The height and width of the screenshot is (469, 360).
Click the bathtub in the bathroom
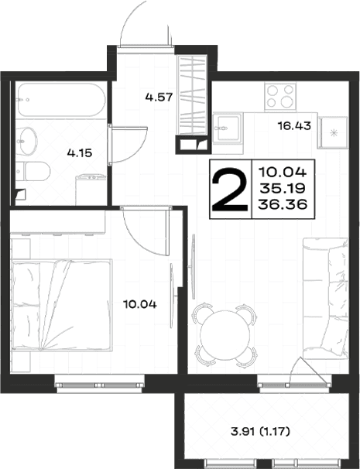click(x=61, y=100)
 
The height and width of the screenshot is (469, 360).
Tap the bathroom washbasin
click(x=26, y=141)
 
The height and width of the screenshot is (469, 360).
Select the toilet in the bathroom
click(x=33, y=171)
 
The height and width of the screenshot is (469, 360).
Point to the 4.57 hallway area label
click(x=159, y=98)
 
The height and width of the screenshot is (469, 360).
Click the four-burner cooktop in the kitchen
click(x=280, y=96)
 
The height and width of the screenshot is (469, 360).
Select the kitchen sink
click(x=228, y=128)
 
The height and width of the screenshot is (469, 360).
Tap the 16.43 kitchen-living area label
click(x=294, y=126)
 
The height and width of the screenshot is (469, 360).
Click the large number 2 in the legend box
click(x=229, y=189)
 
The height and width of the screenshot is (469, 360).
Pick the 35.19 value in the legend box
click(x=283, y=188)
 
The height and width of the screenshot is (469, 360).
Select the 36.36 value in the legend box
click(x=283, y=204)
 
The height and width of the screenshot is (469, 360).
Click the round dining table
click(x=225, y=334)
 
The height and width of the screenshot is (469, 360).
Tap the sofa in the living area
click(x=325, y=298)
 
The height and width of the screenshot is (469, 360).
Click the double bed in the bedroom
click(x=62, y=305)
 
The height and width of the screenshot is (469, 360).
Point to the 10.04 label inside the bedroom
click(x=140, y=305)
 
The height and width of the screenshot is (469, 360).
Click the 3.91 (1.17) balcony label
click(x=260, y=432)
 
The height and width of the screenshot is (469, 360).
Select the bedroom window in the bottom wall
click(x=99, y=385)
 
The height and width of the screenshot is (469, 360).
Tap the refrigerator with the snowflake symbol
click(x=334, y=133)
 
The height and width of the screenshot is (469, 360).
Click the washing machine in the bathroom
click(x=91, y=190)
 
